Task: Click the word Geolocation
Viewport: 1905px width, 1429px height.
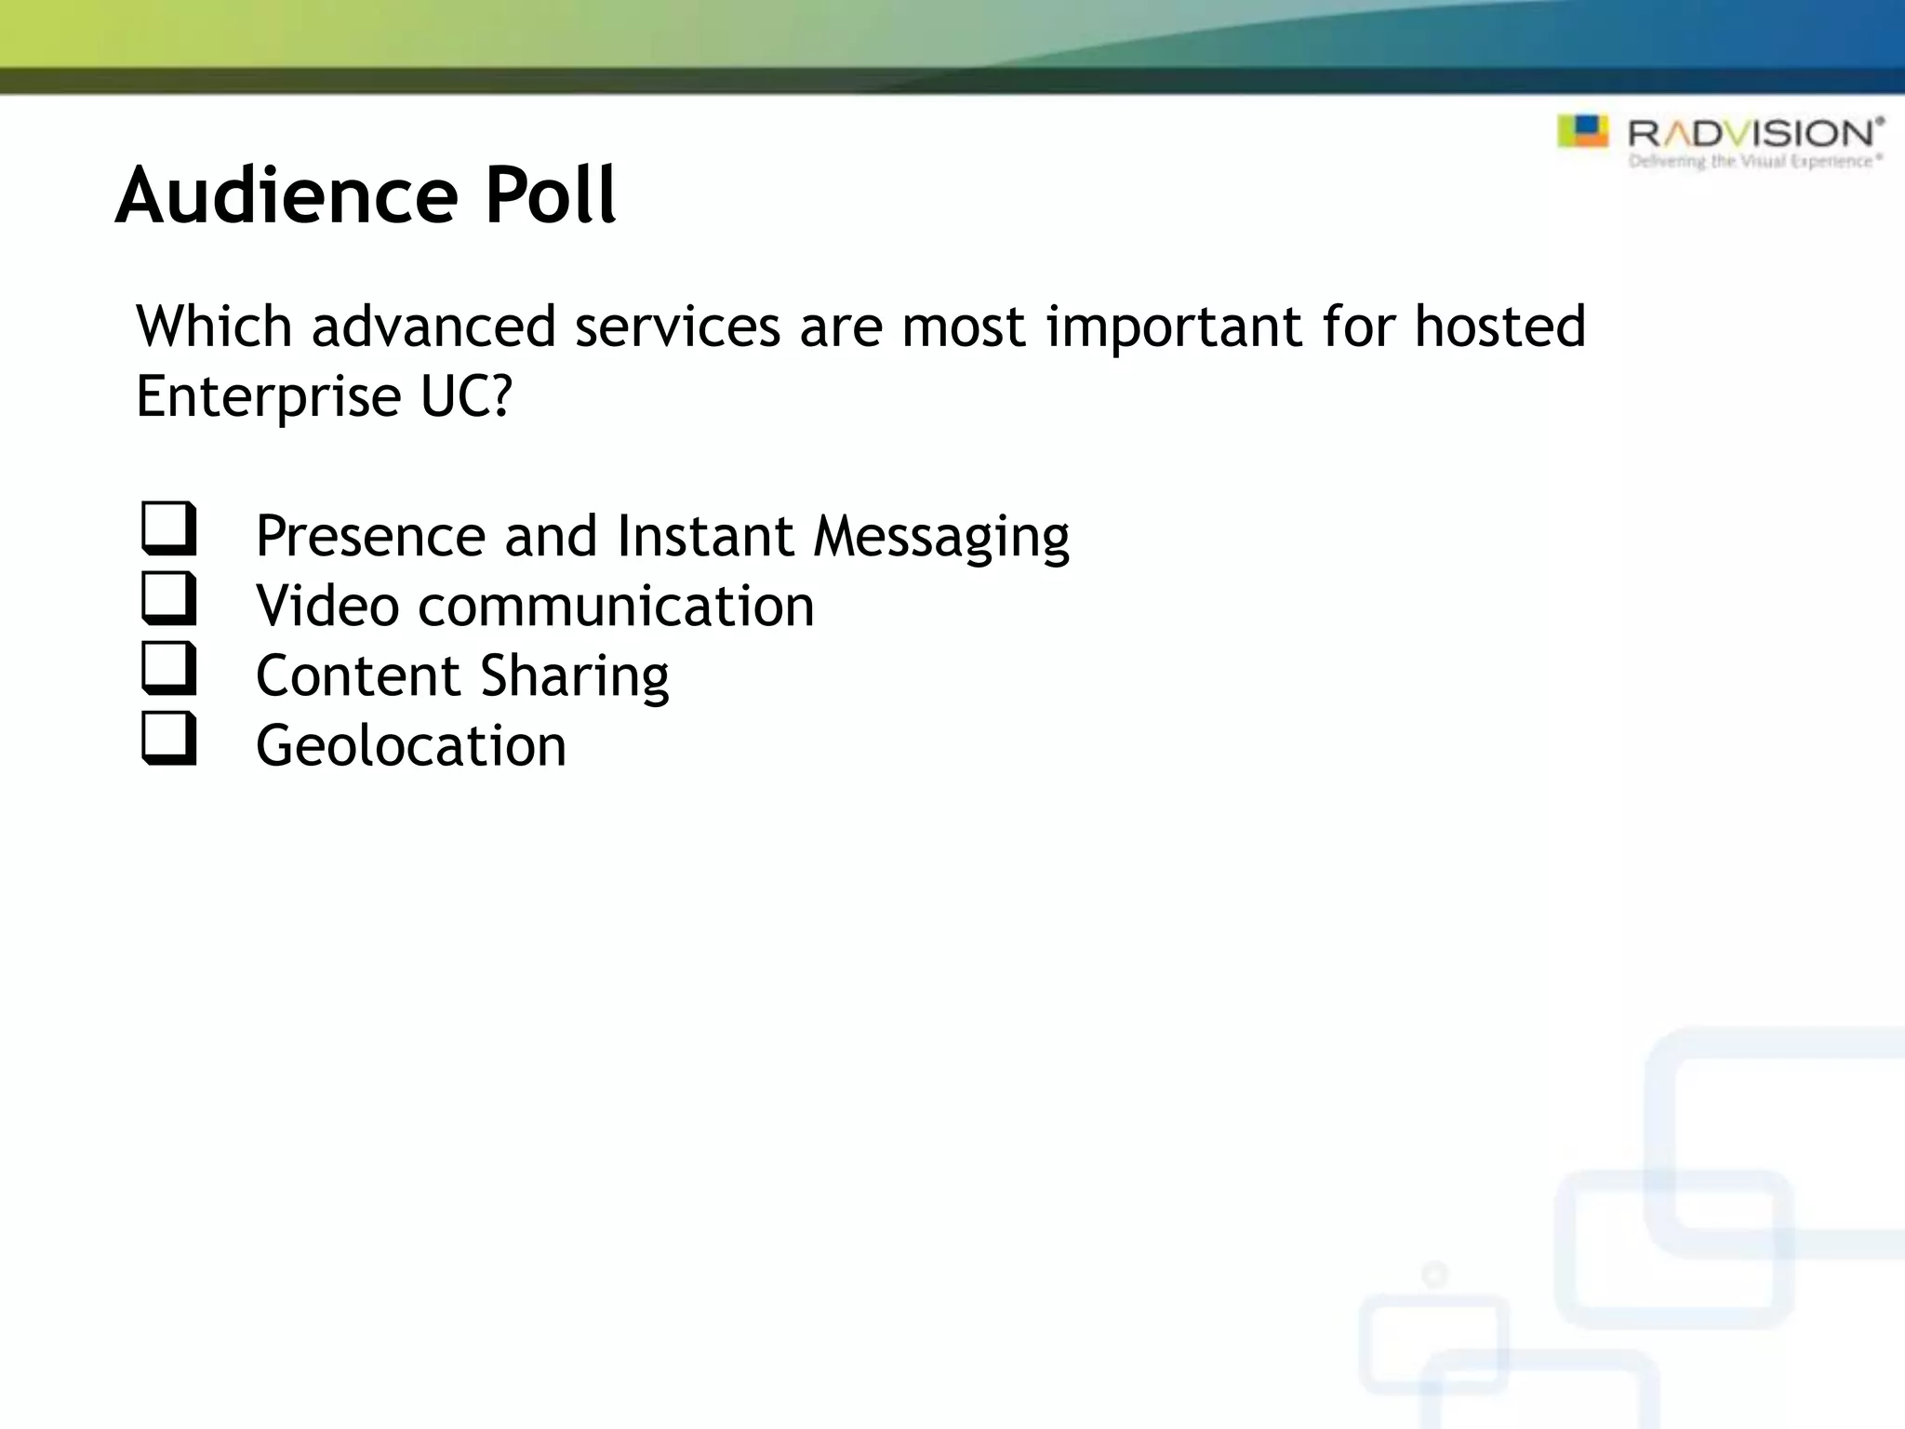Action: (410, 745)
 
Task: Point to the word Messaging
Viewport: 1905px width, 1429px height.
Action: (941, 537)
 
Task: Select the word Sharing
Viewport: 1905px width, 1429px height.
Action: (575, 676)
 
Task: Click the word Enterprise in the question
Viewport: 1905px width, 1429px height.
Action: (268, 397)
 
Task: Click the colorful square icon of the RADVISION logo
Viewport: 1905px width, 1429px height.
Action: (1582, 131)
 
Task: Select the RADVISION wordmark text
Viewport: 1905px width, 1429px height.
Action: (1753, 133)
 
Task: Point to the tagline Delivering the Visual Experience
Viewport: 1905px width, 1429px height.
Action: (1753, 162)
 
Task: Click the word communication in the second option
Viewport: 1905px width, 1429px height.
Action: (616, 606)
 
